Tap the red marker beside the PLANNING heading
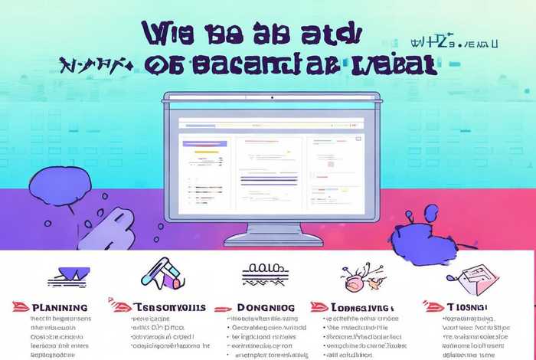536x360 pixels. (21, 306)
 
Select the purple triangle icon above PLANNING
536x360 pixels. (67, 273)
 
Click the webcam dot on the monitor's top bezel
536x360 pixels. (271, 97)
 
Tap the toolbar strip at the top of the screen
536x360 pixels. (272, 123)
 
